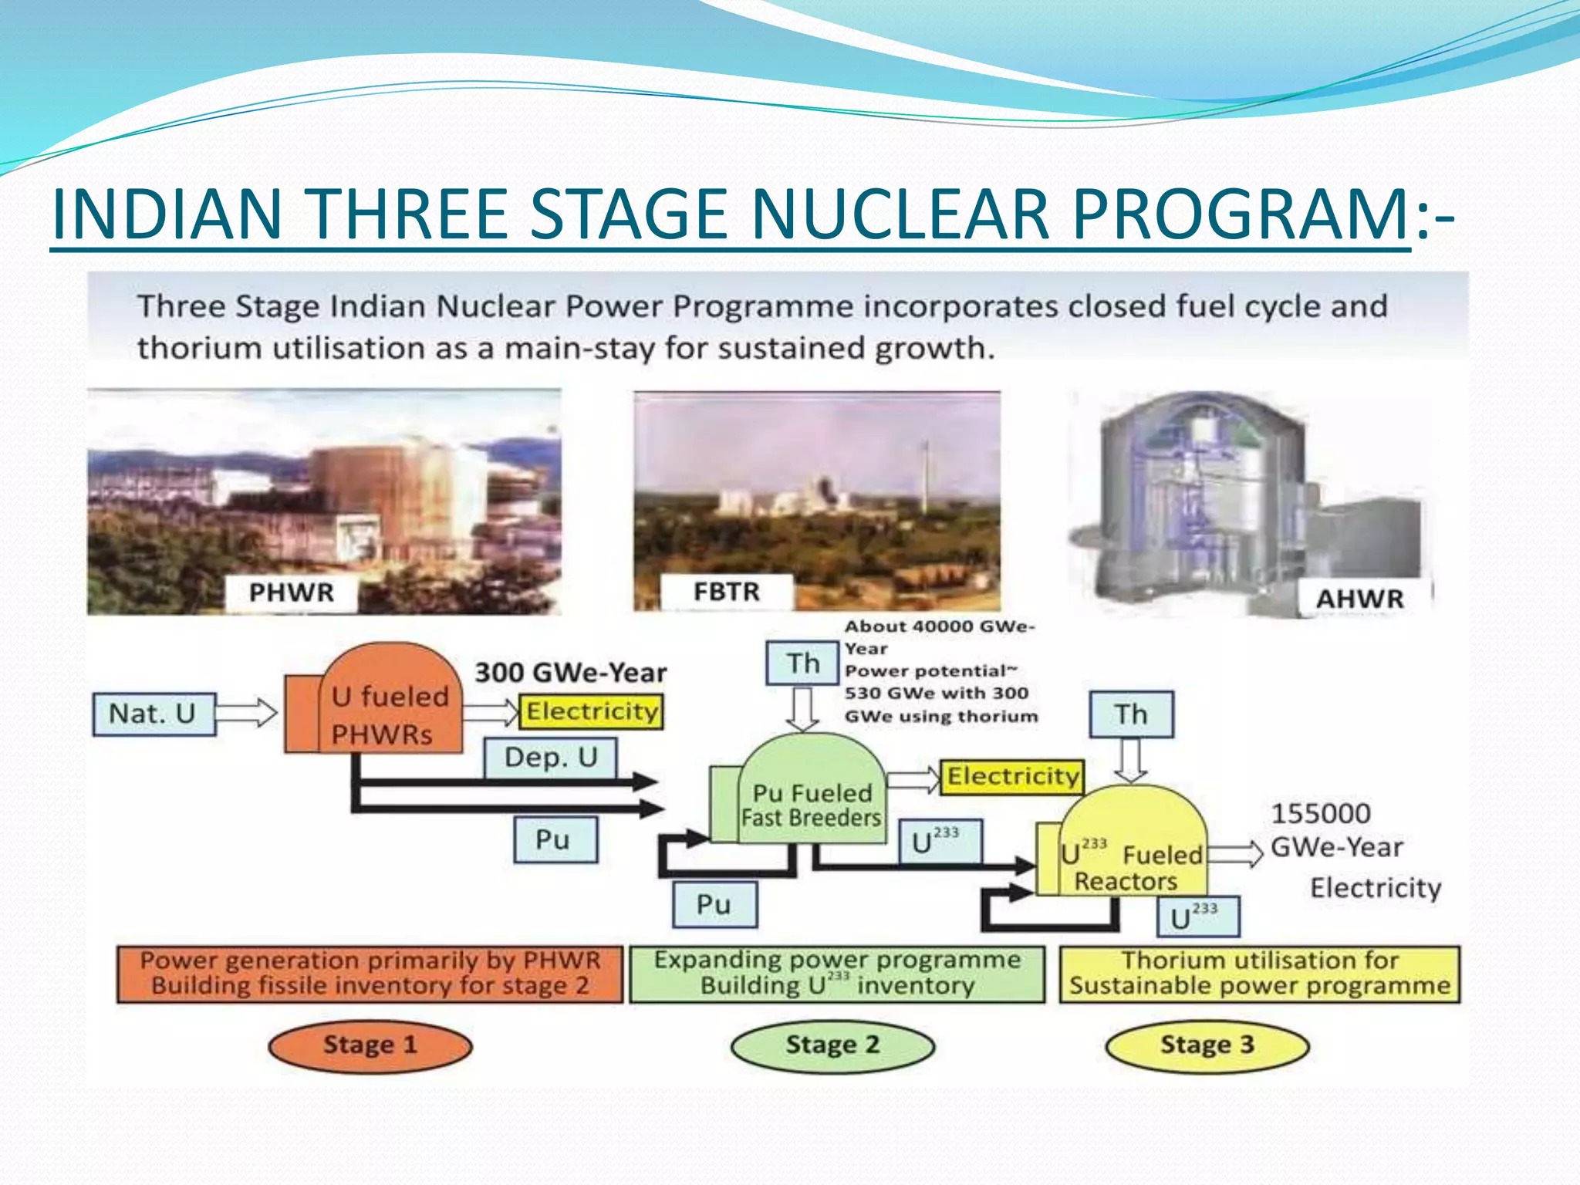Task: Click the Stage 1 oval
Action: point(370,1046)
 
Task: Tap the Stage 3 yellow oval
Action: point(1207,1046)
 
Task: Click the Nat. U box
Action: point(154,714)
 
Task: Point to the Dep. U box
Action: point(550,758)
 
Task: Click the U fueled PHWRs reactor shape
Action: point(382,706)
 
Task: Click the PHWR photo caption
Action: point(292,592)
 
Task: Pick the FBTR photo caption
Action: point(726,592)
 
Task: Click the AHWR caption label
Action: point(1359,599)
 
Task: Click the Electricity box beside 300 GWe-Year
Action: point(592,711)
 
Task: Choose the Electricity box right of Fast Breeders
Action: point(1012,776)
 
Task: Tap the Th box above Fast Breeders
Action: point(802,663)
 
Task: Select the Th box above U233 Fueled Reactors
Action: point(1131,714)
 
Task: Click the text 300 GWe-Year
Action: point(570,673)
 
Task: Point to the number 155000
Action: point(1320,813)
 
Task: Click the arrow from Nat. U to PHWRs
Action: point(245,712)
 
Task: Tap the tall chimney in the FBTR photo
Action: point(925,471)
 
